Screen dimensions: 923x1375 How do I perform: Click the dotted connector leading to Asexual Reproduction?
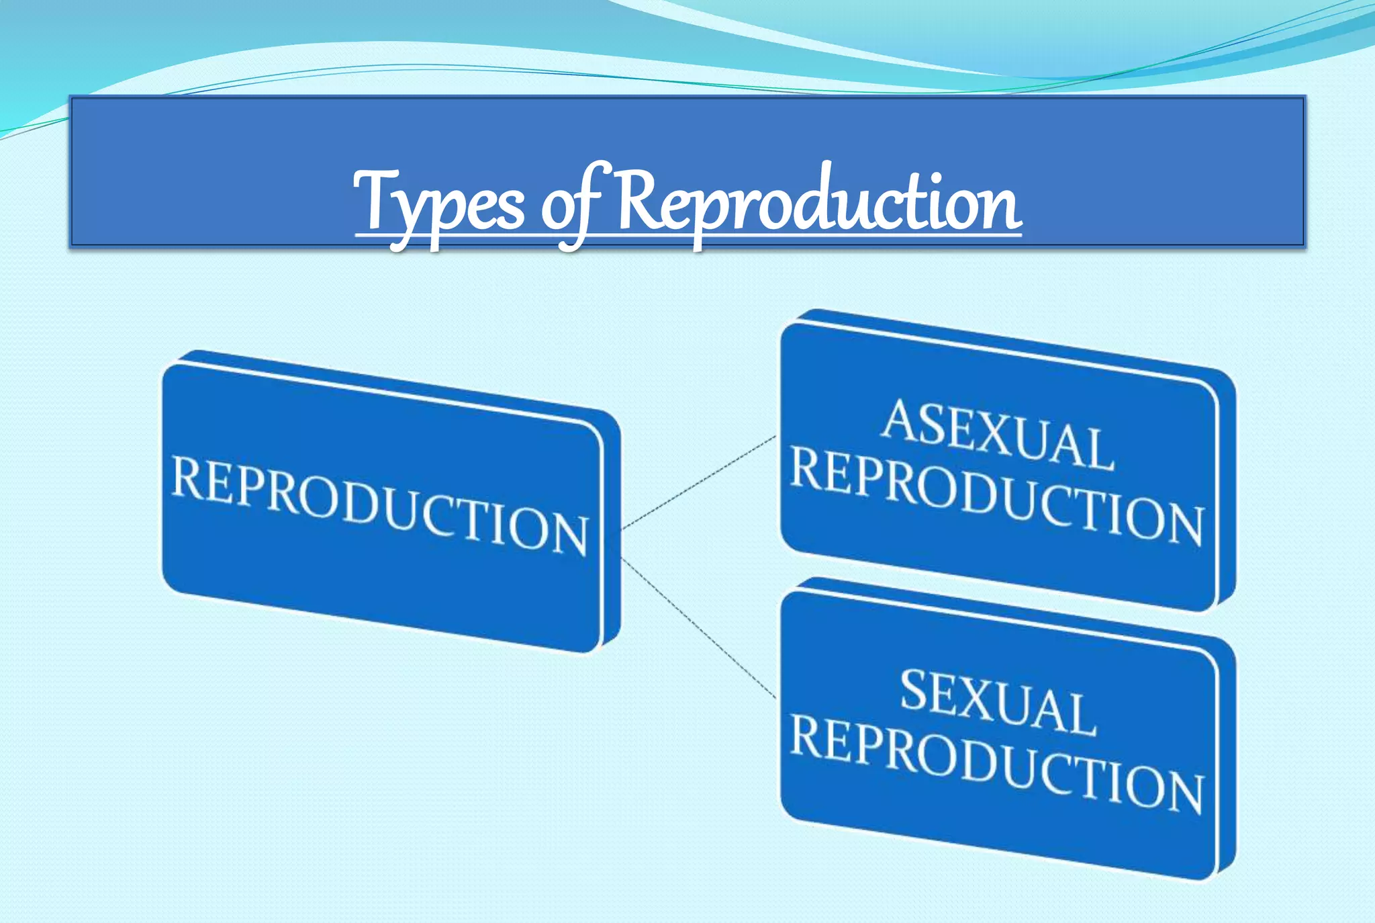click(x=698, y=482)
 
